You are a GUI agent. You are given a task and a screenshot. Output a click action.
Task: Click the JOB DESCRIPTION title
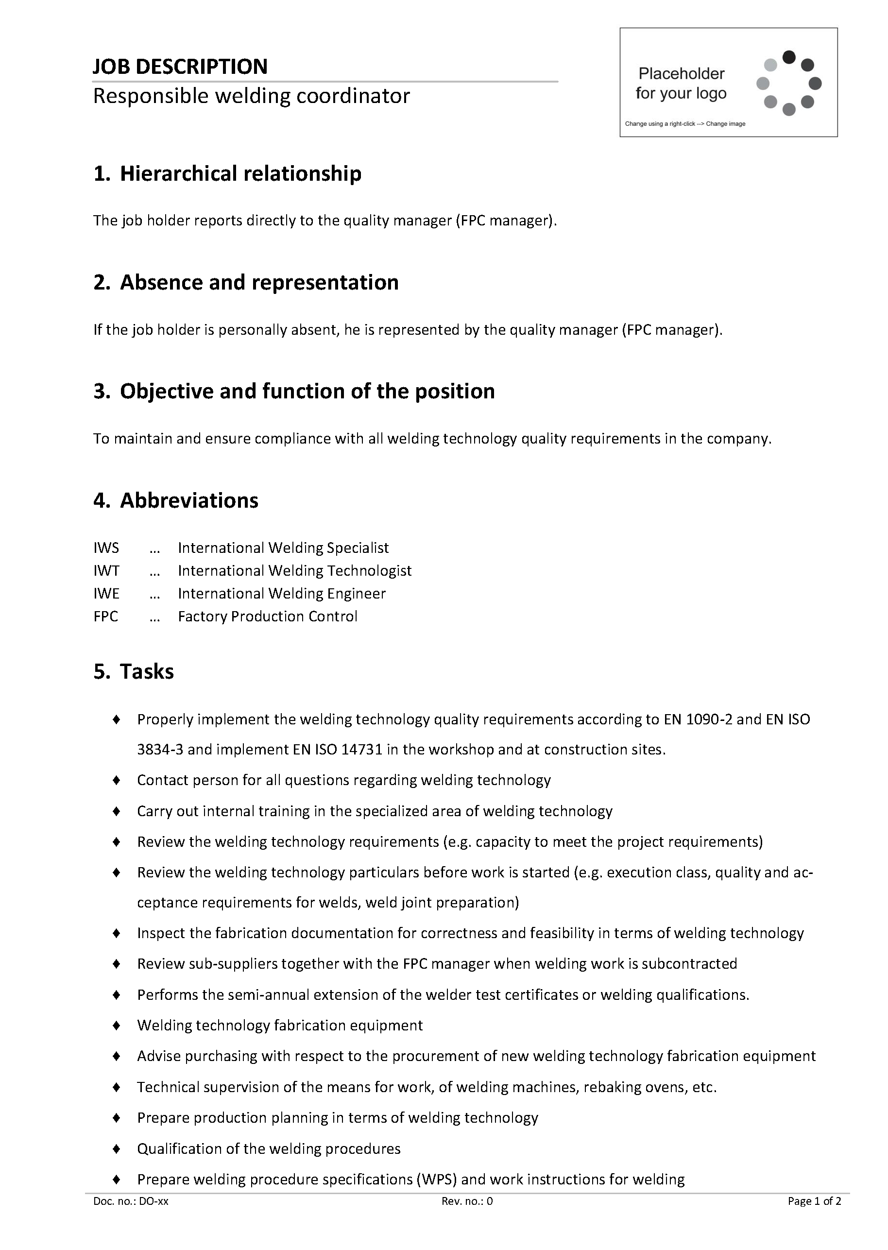click(x=180, y=67)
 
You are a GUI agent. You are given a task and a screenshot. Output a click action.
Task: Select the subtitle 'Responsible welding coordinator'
click(x=251, y=96)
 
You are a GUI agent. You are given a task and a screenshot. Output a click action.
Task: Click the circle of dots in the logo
click(x=788, y=83)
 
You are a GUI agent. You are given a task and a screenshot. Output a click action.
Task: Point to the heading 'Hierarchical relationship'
click(x=240, y=173)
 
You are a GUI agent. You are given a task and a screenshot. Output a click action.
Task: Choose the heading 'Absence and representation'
click(x=259, y=282)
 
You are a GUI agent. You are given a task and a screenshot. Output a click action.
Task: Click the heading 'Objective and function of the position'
click(x=307, y=391)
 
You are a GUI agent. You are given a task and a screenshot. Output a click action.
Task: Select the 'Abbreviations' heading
click(x=189, y=500)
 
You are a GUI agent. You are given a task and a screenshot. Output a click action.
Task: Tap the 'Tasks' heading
click(x=147, y=671)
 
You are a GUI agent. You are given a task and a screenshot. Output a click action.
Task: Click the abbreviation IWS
click(x=106, y=548)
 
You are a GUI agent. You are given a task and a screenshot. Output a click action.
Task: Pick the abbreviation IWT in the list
click(x=106, y=571)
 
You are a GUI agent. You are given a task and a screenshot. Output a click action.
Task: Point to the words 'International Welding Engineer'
click(x=282, y=594)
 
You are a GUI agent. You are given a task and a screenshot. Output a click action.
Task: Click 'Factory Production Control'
click(x=267, y=617)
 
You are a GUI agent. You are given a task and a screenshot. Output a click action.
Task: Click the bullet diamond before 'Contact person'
click(x=117, y=780)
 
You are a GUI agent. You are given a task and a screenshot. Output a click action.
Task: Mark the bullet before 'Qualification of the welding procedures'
click(x=117, y=1149)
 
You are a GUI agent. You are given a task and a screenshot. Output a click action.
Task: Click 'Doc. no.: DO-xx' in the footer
click(x=131, y=1201)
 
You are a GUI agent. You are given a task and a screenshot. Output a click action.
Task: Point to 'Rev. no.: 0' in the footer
click(x=467, y=1201)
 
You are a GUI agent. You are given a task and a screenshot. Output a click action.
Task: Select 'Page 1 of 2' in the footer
click(x=814, y=1201)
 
